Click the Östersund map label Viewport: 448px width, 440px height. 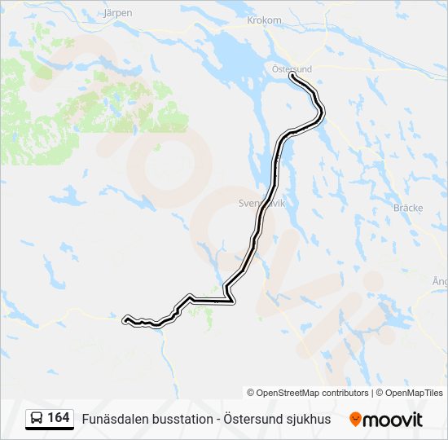tap(291, 69)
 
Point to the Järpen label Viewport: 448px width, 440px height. tap(118, 13)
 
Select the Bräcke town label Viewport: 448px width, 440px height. tap(408, 208)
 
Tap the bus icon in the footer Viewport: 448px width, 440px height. tap(37, 419)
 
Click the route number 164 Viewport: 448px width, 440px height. tap(59, 418)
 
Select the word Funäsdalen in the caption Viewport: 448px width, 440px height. tap(116, 419)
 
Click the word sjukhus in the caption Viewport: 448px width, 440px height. tap(310, 419)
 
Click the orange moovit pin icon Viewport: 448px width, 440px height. tap(356, 419)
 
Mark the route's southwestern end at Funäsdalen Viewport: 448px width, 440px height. tap(125, 319)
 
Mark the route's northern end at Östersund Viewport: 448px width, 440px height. tap(292, 77)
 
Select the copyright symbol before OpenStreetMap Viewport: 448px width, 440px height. tap(251, 393)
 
